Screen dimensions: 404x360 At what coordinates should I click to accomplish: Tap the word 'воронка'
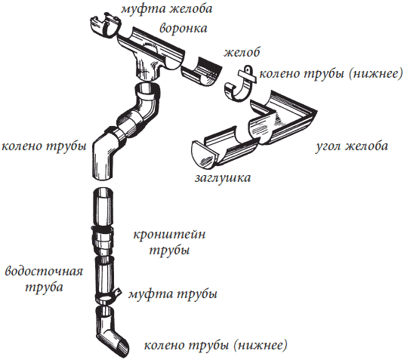pyautogui.click(x=183, y=29)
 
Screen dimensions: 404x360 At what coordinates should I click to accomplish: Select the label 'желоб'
pyautogui.click(x=242, y=53)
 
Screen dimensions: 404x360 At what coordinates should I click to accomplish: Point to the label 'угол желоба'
pyautogui.click(x=352, y=146)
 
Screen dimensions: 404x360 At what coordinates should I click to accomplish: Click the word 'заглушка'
pyautogui.click(x=223, y=178)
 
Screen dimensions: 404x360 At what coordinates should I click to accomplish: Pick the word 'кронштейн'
pyautogui.click(x=169, y=235)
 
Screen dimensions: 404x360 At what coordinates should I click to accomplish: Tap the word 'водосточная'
pyautogui.click(x=44, y=272)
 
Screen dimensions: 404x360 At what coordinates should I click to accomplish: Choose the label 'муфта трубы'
pyautogui.click(x=173, y=294)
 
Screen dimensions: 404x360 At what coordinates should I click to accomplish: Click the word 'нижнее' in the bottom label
pyautogui.click(x=263, y=346)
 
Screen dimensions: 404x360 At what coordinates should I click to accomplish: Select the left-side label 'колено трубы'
pyautogui.click(x=44, y=146)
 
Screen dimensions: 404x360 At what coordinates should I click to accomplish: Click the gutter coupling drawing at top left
pyautogui.click(x=106, y=25)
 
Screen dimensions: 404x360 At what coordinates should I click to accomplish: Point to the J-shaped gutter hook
pyautogui.click(x=239, y=85)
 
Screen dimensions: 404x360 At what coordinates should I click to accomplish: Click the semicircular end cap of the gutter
pyautogui.click(x=204, y=154)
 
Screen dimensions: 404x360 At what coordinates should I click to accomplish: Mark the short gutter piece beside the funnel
pyautogui.click(x=202, y=72)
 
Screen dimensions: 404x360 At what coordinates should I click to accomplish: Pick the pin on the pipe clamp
pyautogui.click(x=118, y=292)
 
